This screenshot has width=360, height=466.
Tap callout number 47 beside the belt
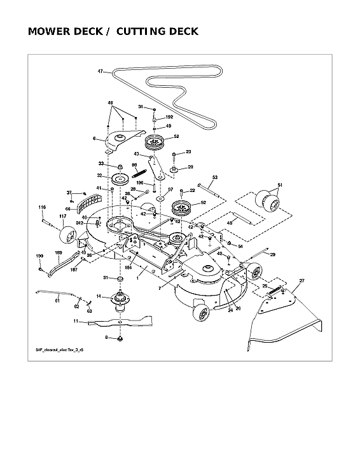click(x=100, y=71)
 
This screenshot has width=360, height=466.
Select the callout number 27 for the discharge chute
click(x=301, y=280)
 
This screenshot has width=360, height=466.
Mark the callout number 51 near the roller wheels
click(x=279, y=185)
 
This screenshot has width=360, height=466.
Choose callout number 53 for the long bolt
click(x=214, y=177)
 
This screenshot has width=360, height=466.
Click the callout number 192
click(x=169, y=117)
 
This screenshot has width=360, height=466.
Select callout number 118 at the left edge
click(x=42, y=207)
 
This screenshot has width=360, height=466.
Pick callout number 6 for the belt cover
click(x=94, y=138)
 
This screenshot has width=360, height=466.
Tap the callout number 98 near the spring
click(x=134, y=165)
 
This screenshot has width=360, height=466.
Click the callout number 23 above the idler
click(x=188, y=152)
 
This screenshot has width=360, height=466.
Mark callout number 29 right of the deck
click(x=272, y=254)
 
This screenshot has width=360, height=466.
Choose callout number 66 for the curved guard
click(x=67, y=208)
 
